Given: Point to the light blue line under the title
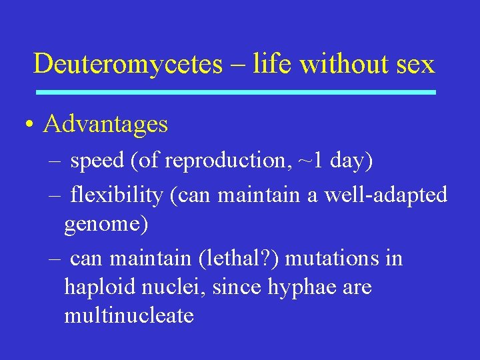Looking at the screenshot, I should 235,92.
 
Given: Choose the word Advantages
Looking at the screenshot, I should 105,125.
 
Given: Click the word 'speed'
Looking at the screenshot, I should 97,161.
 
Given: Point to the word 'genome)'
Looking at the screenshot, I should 106,225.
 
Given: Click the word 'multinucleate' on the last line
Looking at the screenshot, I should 129,315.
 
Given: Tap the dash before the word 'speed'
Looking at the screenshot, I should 53,161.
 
